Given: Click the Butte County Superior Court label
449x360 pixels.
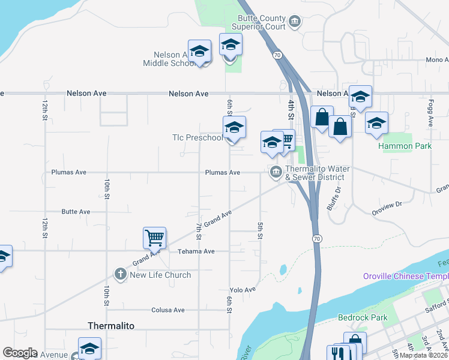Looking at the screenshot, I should [262, 23].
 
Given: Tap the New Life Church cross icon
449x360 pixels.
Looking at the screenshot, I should [120, 275].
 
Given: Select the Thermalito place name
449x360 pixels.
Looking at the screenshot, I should [111, 325].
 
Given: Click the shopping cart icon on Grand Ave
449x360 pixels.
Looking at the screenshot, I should [154, 238].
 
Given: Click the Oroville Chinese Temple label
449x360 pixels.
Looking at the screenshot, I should [406, 276].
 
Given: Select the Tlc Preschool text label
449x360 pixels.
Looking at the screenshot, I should [196, 137].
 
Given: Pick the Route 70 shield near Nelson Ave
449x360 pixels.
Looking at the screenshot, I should [277, 55].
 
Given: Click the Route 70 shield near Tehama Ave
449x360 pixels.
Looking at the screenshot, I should [317, 239].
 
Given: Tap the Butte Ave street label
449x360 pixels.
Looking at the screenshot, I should [76, 212].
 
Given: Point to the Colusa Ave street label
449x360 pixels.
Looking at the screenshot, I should [170, 310].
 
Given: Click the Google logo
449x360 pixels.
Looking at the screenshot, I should [20, 353].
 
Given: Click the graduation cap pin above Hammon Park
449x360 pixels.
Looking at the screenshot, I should [376, 123].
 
